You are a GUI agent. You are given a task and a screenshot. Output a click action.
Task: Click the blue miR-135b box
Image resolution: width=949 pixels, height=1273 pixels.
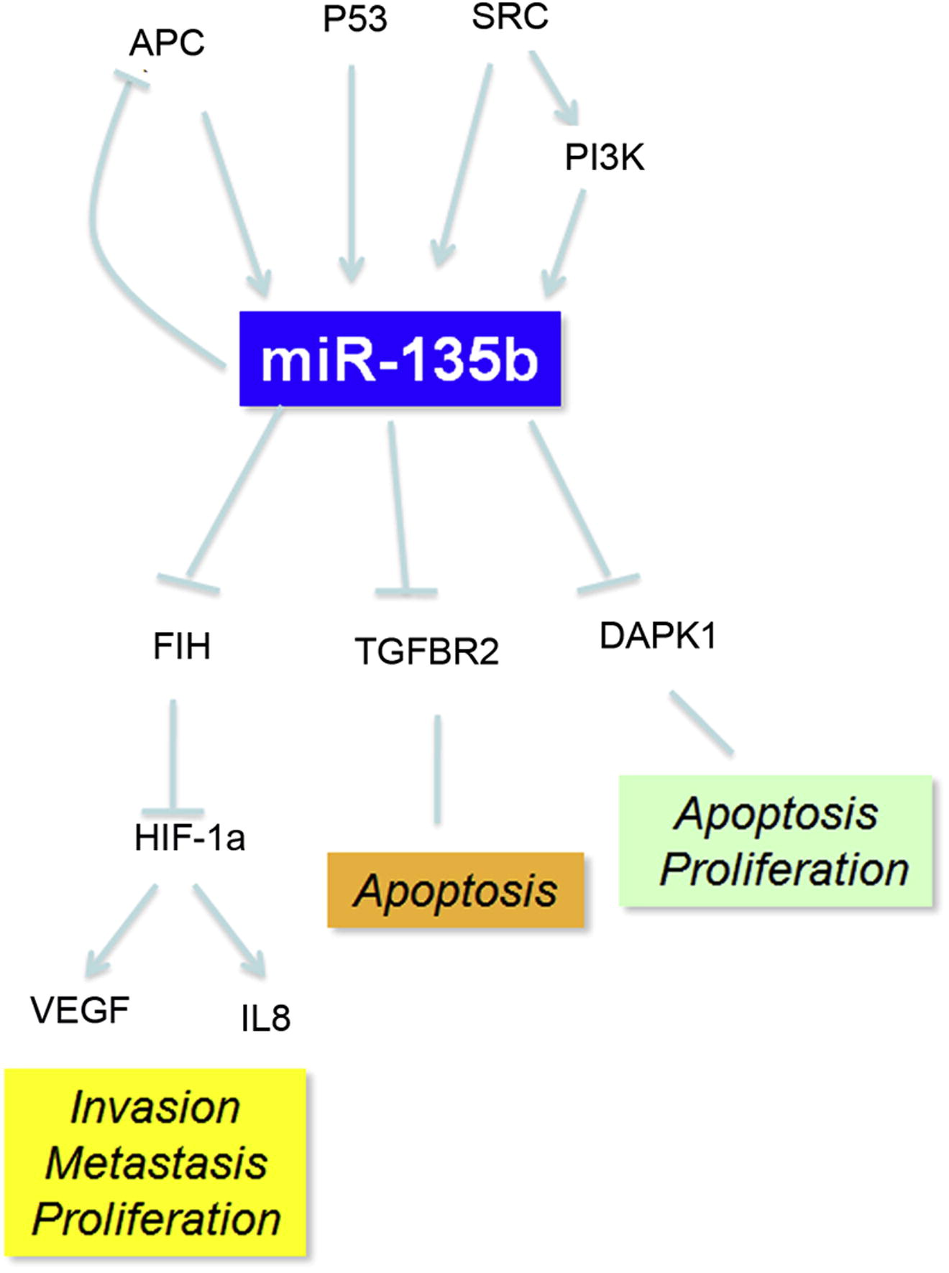click(400, 358)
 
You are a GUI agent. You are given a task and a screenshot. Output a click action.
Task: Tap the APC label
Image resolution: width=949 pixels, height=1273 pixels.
click(167, 43)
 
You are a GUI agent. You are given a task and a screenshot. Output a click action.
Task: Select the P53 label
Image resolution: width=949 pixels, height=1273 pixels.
click(354, 19)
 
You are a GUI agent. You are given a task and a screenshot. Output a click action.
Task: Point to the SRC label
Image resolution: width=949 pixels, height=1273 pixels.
click(510, 16)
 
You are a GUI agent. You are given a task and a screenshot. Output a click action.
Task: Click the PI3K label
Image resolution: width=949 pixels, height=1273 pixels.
click(604, 157)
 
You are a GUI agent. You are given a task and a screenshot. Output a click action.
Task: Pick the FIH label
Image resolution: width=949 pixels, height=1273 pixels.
click(182, 646)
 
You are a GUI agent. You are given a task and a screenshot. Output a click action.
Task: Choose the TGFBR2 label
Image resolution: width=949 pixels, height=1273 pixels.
click(427, 652)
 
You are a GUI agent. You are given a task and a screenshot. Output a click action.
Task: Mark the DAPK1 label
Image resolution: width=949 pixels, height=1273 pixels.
click(658, 636)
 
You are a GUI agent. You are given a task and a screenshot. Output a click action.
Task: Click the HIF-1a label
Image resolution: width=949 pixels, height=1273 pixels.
click(190, 838)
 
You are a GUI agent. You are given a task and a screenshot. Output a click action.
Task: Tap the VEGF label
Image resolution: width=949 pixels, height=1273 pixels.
click(80, 1010)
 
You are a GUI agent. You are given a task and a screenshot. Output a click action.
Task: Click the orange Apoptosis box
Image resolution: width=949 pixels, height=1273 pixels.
click(455, 890)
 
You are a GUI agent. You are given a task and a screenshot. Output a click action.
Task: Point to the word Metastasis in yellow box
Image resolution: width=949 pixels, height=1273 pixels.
click(156, 1163)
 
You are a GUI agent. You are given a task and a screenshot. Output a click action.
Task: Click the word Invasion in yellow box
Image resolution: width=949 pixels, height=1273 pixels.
click(155, 1107)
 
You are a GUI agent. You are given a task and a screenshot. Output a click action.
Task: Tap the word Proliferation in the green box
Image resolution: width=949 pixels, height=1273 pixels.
click(784, 869)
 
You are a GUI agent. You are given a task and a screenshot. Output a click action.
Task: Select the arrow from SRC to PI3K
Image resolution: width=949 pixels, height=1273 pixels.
click(554, 88)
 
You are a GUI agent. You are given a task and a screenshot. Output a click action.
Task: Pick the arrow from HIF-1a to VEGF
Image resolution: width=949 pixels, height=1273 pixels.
click(121, 931)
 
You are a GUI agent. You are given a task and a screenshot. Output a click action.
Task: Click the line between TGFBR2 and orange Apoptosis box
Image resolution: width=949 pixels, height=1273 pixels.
click(437, 769)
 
